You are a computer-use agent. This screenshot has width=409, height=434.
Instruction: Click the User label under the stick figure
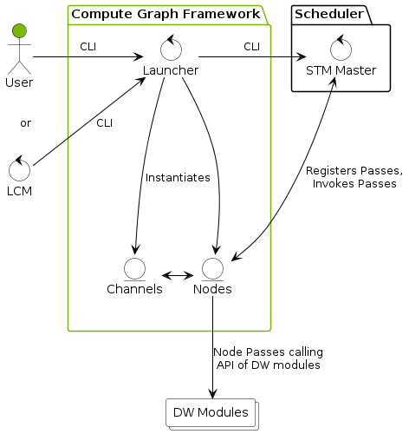(x=18, y=83)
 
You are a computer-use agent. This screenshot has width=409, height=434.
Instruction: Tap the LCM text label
(x=18, y=191)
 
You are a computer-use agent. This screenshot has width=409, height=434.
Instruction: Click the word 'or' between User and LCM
(x=25, y=123)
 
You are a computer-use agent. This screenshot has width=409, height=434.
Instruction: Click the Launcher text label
(x=170, y=70)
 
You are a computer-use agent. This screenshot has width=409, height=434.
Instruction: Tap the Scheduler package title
(x=330, y=14)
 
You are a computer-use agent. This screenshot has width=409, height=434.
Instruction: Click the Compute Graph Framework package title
(x=165, y=14)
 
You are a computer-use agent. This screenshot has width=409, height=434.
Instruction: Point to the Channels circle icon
(x=134, y=267)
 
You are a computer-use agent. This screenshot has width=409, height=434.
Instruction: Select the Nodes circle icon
(x=212, y=267)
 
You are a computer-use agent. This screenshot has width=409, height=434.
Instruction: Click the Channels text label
(x=134, y=289)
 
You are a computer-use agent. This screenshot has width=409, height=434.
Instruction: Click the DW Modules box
(x=211, y=412)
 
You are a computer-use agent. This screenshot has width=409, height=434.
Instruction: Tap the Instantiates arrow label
(x=178, y=178)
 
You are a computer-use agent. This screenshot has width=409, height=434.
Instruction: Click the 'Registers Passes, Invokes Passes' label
(x=354, y=177)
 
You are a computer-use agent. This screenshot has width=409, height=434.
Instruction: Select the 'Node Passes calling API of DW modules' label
(x=267, y=358)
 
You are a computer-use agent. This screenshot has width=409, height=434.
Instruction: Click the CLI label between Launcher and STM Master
(x=251, y=46)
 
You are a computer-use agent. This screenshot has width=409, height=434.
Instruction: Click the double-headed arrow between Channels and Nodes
(x=177, y=275)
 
